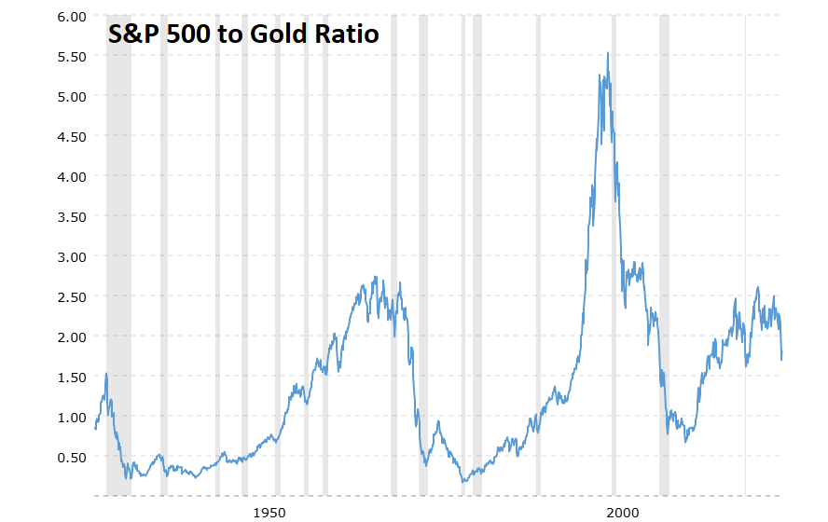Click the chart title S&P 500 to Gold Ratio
pyautogui.click(x=243, y=35)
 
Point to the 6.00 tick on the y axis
pyautogui.click(x=68, y=17)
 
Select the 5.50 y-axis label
pyautogui.click(x=68, y=57)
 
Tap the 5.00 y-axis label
pyautogui.click(x=68, y=97)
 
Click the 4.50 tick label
pyautogui.click(x=68, y=137)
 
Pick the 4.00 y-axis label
pyautogui.click(x=68, y=177)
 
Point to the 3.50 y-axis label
pyautogui.click(x=68, y=217)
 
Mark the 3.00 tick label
pyautogui.click(x=68, y=257)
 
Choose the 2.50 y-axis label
pyautogui.click(x=68, y=297)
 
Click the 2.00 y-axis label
pyautogui.click(x=68, y=337)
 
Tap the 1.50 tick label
pyautogui.click(x=68, y=378)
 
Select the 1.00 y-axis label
pyautogui.click(x=68, y=418)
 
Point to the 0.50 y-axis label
pyautogui.click(x=68, y=458)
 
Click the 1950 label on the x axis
pyautogui.click(x=269, y=512)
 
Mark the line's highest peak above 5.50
pyautogui.click(x=608, y=53)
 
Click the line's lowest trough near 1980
pyautogui.click(x=463, y=482)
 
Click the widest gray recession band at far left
pyautogui.click(x=118, y=252)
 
